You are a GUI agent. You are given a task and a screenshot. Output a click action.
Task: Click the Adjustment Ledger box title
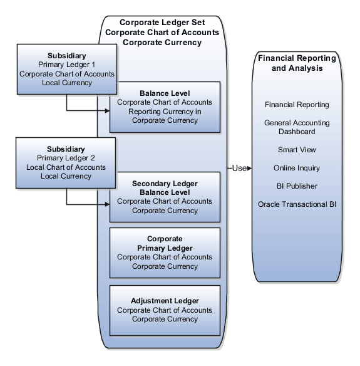point(165,301)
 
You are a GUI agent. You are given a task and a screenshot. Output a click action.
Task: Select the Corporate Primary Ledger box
point(165,253)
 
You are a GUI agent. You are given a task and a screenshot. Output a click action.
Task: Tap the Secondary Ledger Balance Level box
point(165,197)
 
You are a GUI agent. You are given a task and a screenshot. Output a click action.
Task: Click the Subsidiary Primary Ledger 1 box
point(66,69)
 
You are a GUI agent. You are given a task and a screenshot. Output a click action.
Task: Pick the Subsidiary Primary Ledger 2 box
point(66,163)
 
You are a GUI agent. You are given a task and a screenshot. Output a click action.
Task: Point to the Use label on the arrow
point(239,168)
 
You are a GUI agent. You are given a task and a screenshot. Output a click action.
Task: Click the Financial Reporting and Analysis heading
point(297,63)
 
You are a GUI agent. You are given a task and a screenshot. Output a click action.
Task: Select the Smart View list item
point(297,150)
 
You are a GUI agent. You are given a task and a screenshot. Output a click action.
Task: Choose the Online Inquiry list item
point(297,168)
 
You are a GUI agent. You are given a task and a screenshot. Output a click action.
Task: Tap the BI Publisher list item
point(297,186)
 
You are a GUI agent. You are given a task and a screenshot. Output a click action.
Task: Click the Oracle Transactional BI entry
point(297,204)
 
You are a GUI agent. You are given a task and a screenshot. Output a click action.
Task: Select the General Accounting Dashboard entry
point(297,127)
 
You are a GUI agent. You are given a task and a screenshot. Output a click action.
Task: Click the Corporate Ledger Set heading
point(162,22)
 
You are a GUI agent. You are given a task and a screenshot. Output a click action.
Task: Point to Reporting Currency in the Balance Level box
point(165,112)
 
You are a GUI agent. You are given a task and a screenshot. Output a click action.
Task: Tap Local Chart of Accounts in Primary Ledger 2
point(66,167)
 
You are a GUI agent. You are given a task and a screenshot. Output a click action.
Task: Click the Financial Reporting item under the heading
point(297,105)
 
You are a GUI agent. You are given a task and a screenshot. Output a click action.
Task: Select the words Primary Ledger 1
point(66,65)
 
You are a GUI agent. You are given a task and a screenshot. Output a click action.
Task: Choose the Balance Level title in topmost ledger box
point(165,93)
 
